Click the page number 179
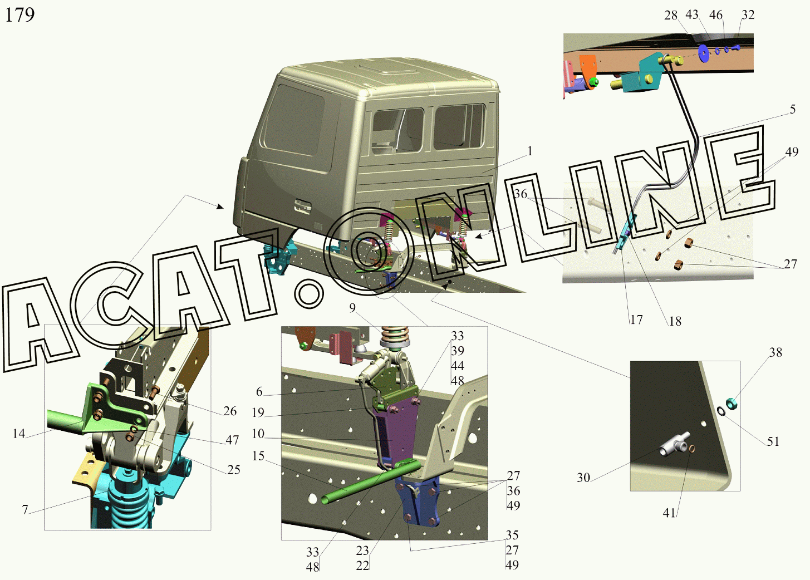pos(20,15)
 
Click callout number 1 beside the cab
pos(530,151)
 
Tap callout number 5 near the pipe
pos(793,109)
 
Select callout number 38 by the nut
pos(775,352)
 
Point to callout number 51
pos(773,441)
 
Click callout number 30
pos(583,478)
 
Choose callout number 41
pos(669,513)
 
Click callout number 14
pos(19,433)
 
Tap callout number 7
pos(25,509)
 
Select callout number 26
pos(230,411)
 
